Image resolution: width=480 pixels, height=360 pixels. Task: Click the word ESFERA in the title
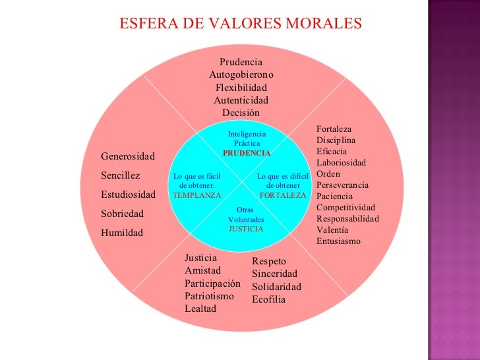149,23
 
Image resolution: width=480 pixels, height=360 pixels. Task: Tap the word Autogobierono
241,75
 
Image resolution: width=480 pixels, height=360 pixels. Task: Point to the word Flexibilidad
241,88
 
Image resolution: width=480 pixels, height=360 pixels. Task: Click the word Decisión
241,113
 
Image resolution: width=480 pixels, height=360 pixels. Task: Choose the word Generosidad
128,156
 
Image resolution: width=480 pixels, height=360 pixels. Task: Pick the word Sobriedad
122,214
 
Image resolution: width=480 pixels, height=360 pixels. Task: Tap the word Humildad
122,233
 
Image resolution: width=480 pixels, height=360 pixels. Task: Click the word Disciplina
336,140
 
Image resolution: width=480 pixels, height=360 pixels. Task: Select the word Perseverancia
342,185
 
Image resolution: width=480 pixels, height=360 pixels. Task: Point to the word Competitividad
345,207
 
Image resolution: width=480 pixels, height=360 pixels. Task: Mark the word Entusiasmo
338,241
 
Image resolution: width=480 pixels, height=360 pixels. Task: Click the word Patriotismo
210,296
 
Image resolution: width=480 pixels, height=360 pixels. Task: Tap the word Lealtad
200,309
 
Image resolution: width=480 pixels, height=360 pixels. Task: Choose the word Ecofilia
269,299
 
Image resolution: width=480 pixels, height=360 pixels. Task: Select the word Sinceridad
274,274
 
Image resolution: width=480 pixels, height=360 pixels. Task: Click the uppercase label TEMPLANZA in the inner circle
197,195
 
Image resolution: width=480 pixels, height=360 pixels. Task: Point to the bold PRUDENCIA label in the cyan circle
247,153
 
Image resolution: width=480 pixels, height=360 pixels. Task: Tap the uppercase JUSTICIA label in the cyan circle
246,229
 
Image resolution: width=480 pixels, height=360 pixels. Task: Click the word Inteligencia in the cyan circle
247,134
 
